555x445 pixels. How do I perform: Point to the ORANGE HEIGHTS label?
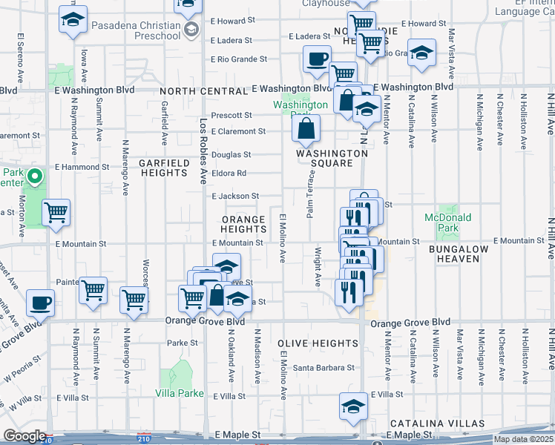click(243, 225)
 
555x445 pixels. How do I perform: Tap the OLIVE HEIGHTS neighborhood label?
click(318, 344)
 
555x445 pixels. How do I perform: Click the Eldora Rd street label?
click(229, 174)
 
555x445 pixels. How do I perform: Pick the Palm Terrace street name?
click(311, 194)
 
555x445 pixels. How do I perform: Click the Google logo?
click(24, 436)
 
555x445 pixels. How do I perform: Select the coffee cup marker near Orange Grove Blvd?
click(40, 303)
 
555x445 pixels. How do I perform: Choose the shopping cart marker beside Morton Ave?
click(56, 213)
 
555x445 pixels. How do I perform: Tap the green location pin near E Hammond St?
click(34, 175)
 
